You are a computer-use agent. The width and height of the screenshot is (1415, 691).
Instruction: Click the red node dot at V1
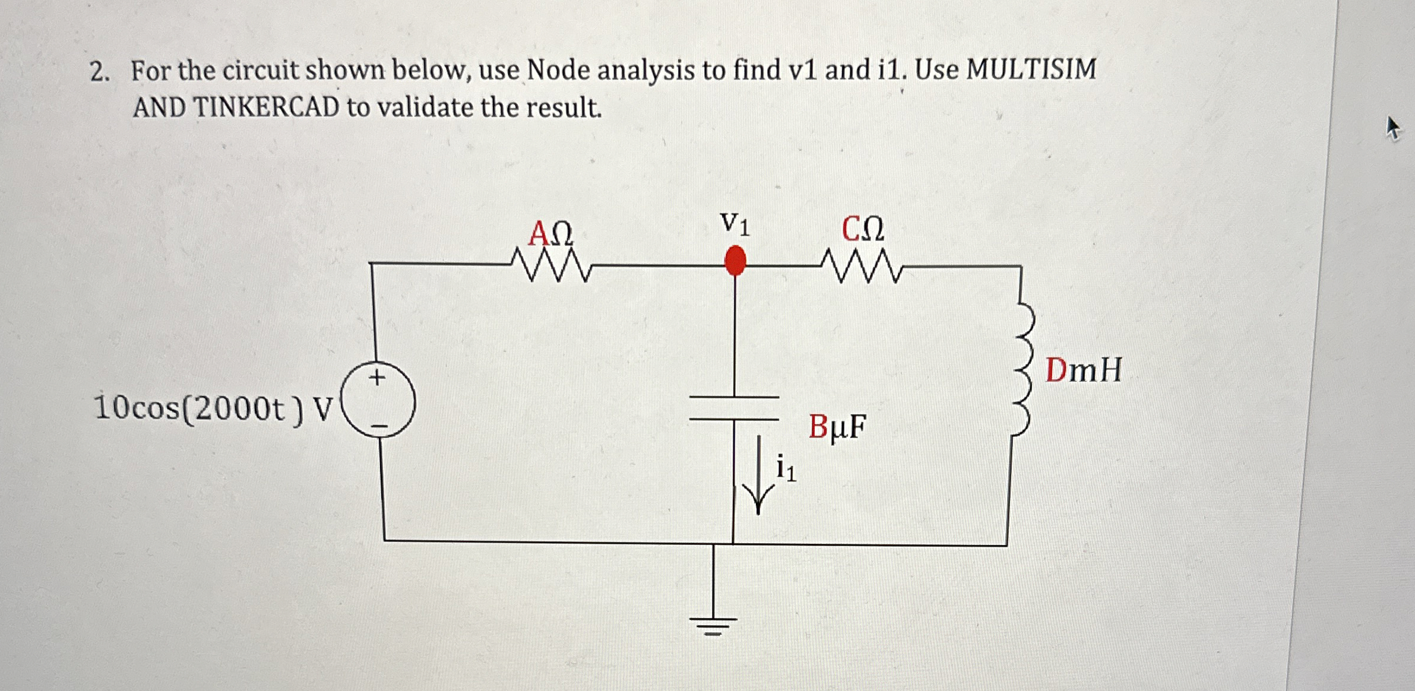coord(736,261)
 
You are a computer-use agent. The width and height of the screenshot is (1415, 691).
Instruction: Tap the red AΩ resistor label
coord(551,233)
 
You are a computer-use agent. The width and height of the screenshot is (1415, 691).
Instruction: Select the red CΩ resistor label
coord(863,229)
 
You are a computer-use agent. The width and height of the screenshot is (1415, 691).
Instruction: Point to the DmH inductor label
coord(1084,370)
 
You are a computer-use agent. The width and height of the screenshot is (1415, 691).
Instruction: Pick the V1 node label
coord(735,224)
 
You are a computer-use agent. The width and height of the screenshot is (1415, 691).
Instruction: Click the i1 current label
coord(786,468)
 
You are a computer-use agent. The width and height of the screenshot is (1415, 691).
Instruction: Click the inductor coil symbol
coord(1023,369)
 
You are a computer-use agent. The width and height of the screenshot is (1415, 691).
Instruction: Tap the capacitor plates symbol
coord(734,408)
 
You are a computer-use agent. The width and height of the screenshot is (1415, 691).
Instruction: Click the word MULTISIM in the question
coord(1031,69)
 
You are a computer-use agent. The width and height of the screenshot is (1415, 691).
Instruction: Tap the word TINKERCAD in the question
coord(266,107)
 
